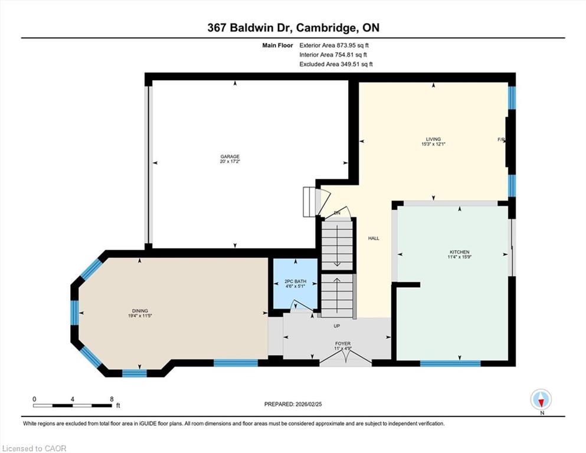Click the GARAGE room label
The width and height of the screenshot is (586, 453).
(x=230, y=156)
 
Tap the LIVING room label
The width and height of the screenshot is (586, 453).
(x=434, y=139)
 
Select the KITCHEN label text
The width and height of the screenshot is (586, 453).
(x=459, y=252)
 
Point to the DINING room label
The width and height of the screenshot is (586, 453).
(x=140, y=311)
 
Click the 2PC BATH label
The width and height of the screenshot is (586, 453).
(x=295, y=281)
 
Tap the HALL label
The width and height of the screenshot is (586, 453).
(x=374, y=238)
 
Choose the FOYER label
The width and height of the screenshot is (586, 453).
(x=343, y=343)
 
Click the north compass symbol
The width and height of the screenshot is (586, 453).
(x=541, y=399)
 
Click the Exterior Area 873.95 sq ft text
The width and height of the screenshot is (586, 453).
(x=334, y=45)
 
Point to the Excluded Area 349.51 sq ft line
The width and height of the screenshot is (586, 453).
(x=336, y=64)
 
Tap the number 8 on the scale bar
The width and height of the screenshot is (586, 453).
(x=112, y=399)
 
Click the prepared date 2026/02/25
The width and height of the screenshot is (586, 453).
(x=309, y=404)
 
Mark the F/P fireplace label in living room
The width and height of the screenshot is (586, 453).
(x=501, y=140)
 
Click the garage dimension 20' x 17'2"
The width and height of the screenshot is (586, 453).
(x=230, y=162)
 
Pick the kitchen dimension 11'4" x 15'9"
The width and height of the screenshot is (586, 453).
(x=459, y=257)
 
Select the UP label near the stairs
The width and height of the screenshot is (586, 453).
(x=337, y=326)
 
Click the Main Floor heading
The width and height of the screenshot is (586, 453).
(x=278, y=45)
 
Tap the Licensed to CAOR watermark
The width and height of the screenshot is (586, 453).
(x=34, y=448)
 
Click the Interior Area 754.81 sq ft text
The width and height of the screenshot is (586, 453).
(x=333, y=55)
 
